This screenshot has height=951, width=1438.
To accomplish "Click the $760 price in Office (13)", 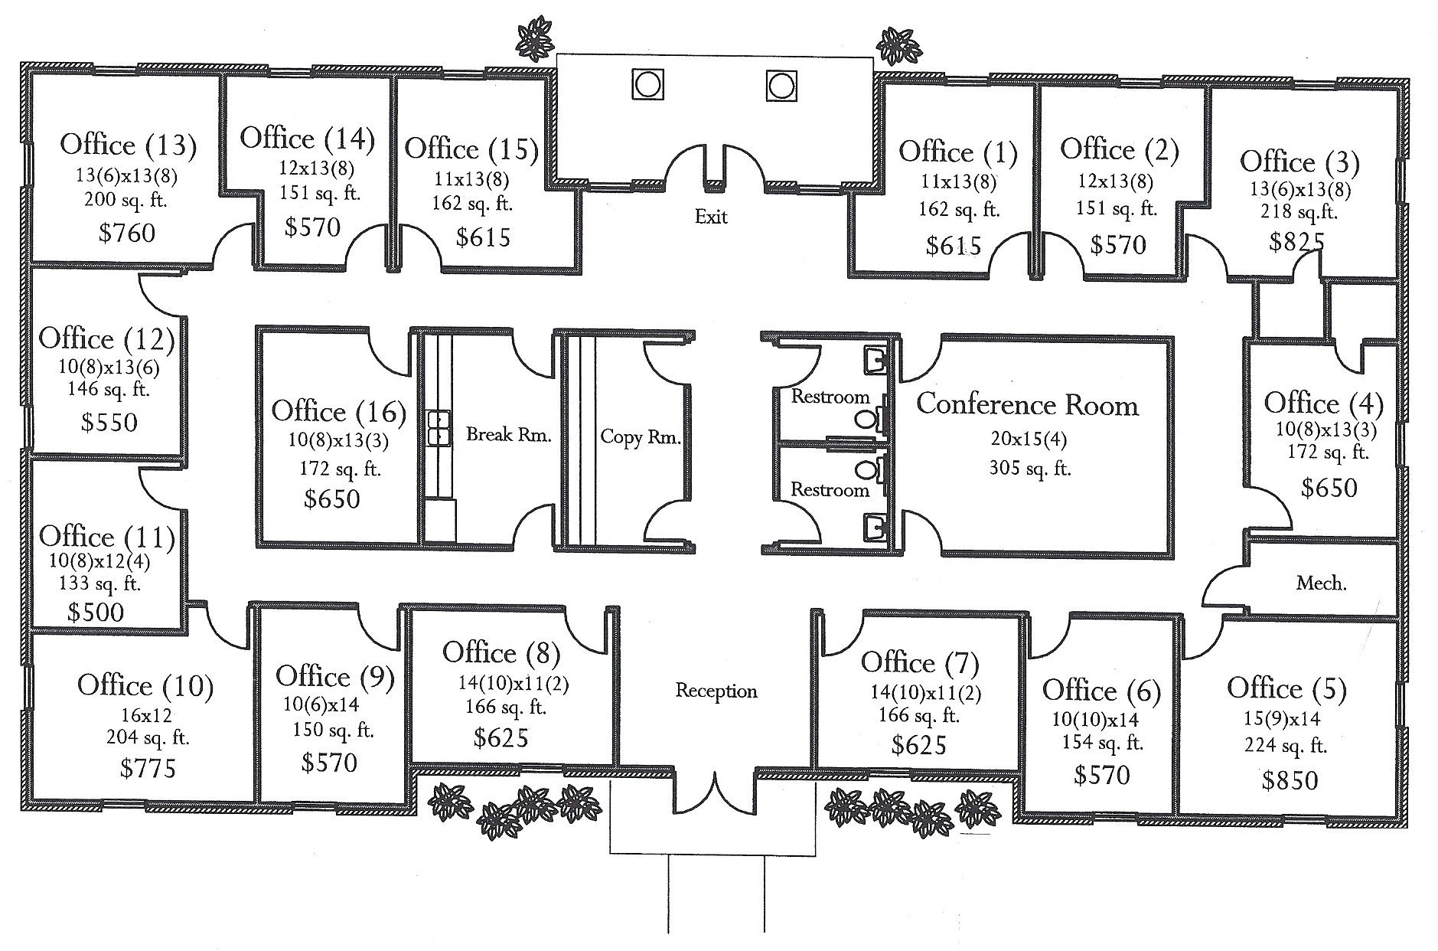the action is point(127,233).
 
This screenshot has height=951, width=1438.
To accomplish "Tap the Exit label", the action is point(711,217).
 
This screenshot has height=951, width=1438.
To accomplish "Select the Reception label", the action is point(716,691).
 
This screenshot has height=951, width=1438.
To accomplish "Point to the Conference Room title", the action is point(1028,405).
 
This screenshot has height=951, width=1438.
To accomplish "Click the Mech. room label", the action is point(1322,583).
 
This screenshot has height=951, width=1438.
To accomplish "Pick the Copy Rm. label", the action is point(640,437).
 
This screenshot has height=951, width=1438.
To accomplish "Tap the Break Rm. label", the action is point(509,435).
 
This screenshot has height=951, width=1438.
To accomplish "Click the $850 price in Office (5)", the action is point(1290,780).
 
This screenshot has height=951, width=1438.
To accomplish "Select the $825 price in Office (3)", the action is point(1296,242).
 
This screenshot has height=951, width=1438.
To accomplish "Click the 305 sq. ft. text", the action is point(1029,467).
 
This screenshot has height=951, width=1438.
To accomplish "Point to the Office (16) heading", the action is point(339,412).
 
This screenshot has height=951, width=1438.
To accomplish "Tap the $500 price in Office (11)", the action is point(96,612).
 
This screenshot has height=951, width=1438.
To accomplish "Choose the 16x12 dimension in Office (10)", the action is point(145,716).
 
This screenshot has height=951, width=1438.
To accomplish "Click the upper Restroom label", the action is point(830,397).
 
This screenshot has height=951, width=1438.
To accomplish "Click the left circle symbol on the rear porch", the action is point(647,84).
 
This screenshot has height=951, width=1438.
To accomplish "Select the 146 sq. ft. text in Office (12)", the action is point(109,389).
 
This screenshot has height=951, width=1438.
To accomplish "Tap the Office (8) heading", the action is point(501,653).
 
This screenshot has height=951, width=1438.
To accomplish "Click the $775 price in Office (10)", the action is point(148,768).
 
